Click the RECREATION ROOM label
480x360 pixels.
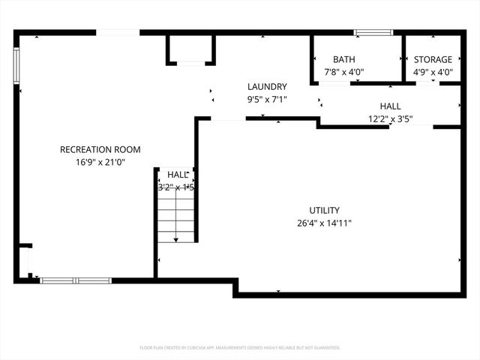[100, 150]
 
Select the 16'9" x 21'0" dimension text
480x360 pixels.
[100, 162]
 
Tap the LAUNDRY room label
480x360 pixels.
[267, 87]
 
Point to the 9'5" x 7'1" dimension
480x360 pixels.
[267, 99]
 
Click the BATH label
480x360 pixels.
[344, 60]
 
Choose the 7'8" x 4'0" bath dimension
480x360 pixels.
[344, 73]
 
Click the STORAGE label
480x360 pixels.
[433, 60]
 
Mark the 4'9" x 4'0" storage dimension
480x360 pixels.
[433, 73]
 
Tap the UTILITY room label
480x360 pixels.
[325, 211]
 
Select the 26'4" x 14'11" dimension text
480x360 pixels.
[325, 223]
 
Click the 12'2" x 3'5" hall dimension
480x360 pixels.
[390, 118]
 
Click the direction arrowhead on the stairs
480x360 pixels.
[176, 239]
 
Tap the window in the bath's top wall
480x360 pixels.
[373, 32]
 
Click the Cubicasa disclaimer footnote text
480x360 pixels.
[240, 348]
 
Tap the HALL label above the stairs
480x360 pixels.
[177, 175]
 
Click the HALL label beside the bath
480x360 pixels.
[390, 106]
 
